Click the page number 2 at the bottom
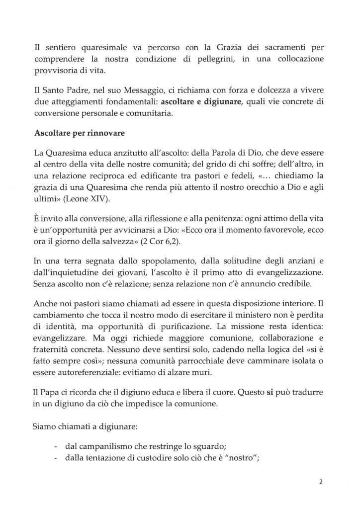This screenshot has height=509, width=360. click(321, 482)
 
